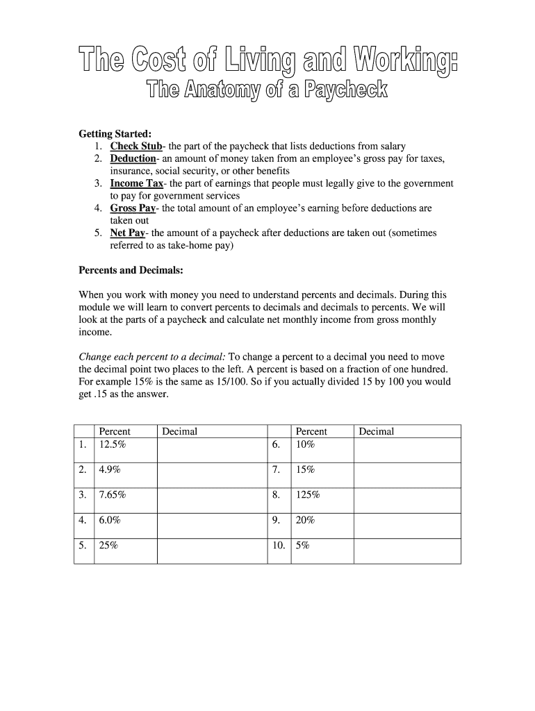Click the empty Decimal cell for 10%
tap(406, 449)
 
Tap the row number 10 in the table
tap(279, 546)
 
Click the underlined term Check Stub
tap(135, 146)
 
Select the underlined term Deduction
tap(133, 158)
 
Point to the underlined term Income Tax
tap(137, 183)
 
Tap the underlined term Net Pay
tap(128, 233)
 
